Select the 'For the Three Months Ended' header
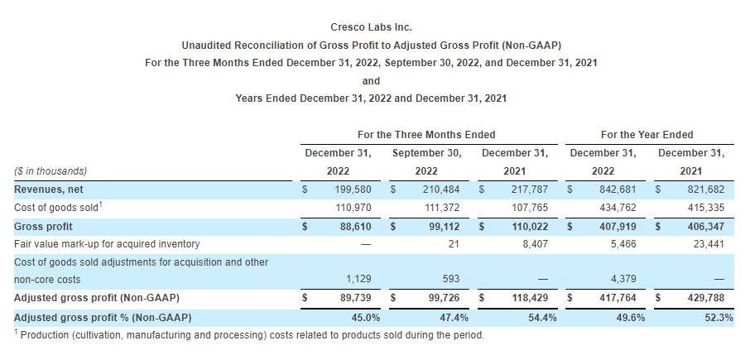coord(426,134)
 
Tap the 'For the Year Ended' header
coord(647,134)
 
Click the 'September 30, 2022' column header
coord(426,161)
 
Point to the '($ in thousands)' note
coord(50,171)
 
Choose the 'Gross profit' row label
coord(43,226)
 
